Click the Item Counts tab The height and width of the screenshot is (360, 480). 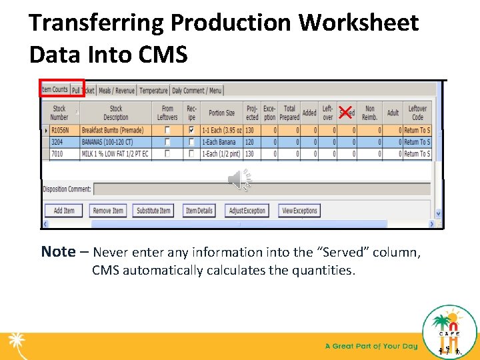(x=55, y=89)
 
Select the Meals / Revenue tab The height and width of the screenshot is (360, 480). (x=116, y=91)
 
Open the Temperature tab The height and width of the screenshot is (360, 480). (x=153, y=91)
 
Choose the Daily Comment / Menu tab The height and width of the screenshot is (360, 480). (x=197, y=91)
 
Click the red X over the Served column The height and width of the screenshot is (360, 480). (x=345, y=111)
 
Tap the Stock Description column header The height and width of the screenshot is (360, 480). (x=116, y=112)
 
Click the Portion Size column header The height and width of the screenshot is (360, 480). (x=221, y=113)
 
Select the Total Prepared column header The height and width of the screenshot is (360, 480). (x=289, y=112)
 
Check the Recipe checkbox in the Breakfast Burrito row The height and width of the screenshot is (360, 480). (x=192, y=130)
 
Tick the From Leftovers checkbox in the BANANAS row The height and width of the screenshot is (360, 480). (x=167, y=142)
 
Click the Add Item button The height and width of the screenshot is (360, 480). (x=64, y=211)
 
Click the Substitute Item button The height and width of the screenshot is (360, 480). (x=153, y=211)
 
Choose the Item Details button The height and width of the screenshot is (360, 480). (x=199, y=211)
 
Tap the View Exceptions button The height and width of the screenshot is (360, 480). (x=299, y=211)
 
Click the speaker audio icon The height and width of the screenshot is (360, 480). (x=238, y=179)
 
